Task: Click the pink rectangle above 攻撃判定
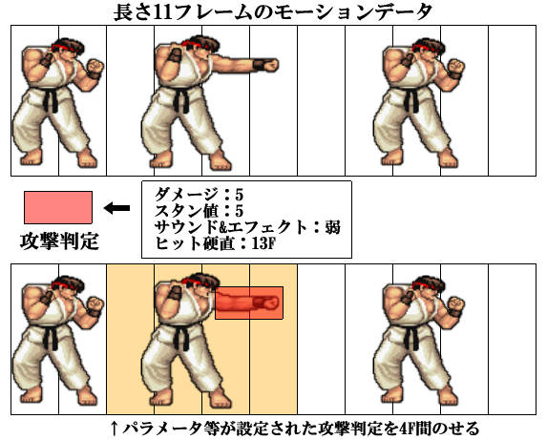pos(58,207)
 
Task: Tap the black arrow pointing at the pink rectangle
pos(117,208)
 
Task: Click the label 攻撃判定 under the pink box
pos(59,241)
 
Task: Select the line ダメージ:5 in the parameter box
pos(199,194)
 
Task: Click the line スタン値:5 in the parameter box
pos(199,211)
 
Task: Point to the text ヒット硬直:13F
pos(215,243)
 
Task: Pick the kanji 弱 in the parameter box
pos(332,227)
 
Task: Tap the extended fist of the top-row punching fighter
pos(270,65)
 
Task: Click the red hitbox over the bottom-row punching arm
pos(249,303)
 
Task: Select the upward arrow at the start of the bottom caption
pos(114,428)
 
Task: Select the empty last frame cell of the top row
pos(512,100)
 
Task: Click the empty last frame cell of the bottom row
pos(512,339)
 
